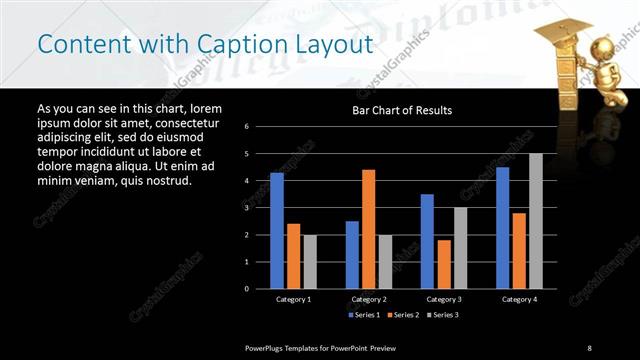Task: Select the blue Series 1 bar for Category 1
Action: [277, 230]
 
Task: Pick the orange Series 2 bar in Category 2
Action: [368, 229]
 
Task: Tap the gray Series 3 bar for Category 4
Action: [536, 221]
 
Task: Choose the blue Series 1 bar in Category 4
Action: [502, 227]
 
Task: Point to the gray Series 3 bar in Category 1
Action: [310, 261]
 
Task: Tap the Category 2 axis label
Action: [369, 299]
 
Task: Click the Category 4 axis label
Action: [519, 299]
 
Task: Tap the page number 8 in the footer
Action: [590, 347]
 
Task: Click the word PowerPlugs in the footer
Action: [267, 347]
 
